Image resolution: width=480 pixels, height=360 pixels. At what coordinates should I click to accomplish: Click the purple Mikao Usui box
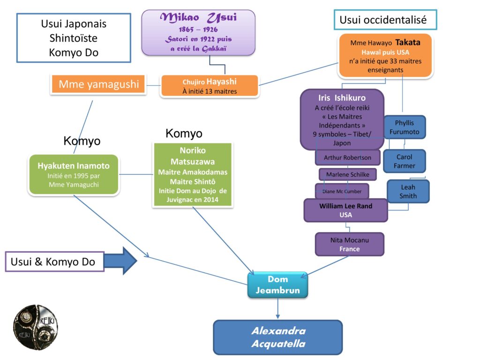click(198, 33)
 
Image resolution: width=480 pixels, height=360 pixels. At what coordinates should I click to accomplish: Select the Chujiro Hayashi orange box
click(209, 86)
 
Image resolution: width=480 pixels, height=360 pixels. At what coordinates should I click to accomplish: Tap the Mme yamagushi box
click(98, 84)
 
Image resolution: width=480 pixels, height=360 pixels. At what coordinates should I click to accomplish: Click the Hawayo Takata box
click(385, 56)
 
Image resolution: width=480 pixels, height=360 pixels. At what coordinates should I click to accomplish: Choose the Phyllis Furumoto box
click(404, 127)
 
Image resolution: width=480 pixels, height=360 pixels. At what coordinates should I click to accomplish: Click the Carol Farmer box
click(404, 161)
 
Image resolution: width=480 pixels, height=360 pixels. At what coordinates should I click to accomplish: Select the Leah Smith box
click(408, 191)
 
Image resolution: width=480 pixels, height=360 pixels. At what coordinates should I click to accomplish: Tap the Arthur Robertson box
click(347, 157)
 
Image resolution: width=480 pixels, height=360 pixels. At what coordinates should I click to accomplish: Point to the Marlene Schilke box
click(347, 174)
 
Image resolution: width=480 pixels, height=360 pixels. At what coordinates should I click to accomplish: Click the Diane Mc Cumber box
click(342, 191)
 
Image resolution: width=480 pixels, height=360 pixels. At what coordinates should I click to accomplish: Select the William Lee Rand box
click(345, 210)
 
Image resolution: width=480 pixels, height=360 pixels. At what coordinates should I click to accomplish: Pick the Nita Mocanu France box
click(349, 244)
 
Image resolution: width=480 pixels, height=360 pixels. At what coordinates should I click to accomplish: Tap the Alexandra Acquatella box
click(278, 337)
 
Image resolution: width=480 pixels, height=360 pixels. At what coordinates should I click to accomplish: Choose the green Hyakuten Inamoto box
click(73, 174)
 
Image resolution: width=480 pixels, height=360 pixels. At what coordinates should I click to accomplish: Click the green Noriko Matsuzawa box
click(193, 174)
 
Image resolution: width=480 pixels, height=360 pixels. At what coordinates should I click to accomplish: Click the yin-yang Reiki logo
click(35, 327)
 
